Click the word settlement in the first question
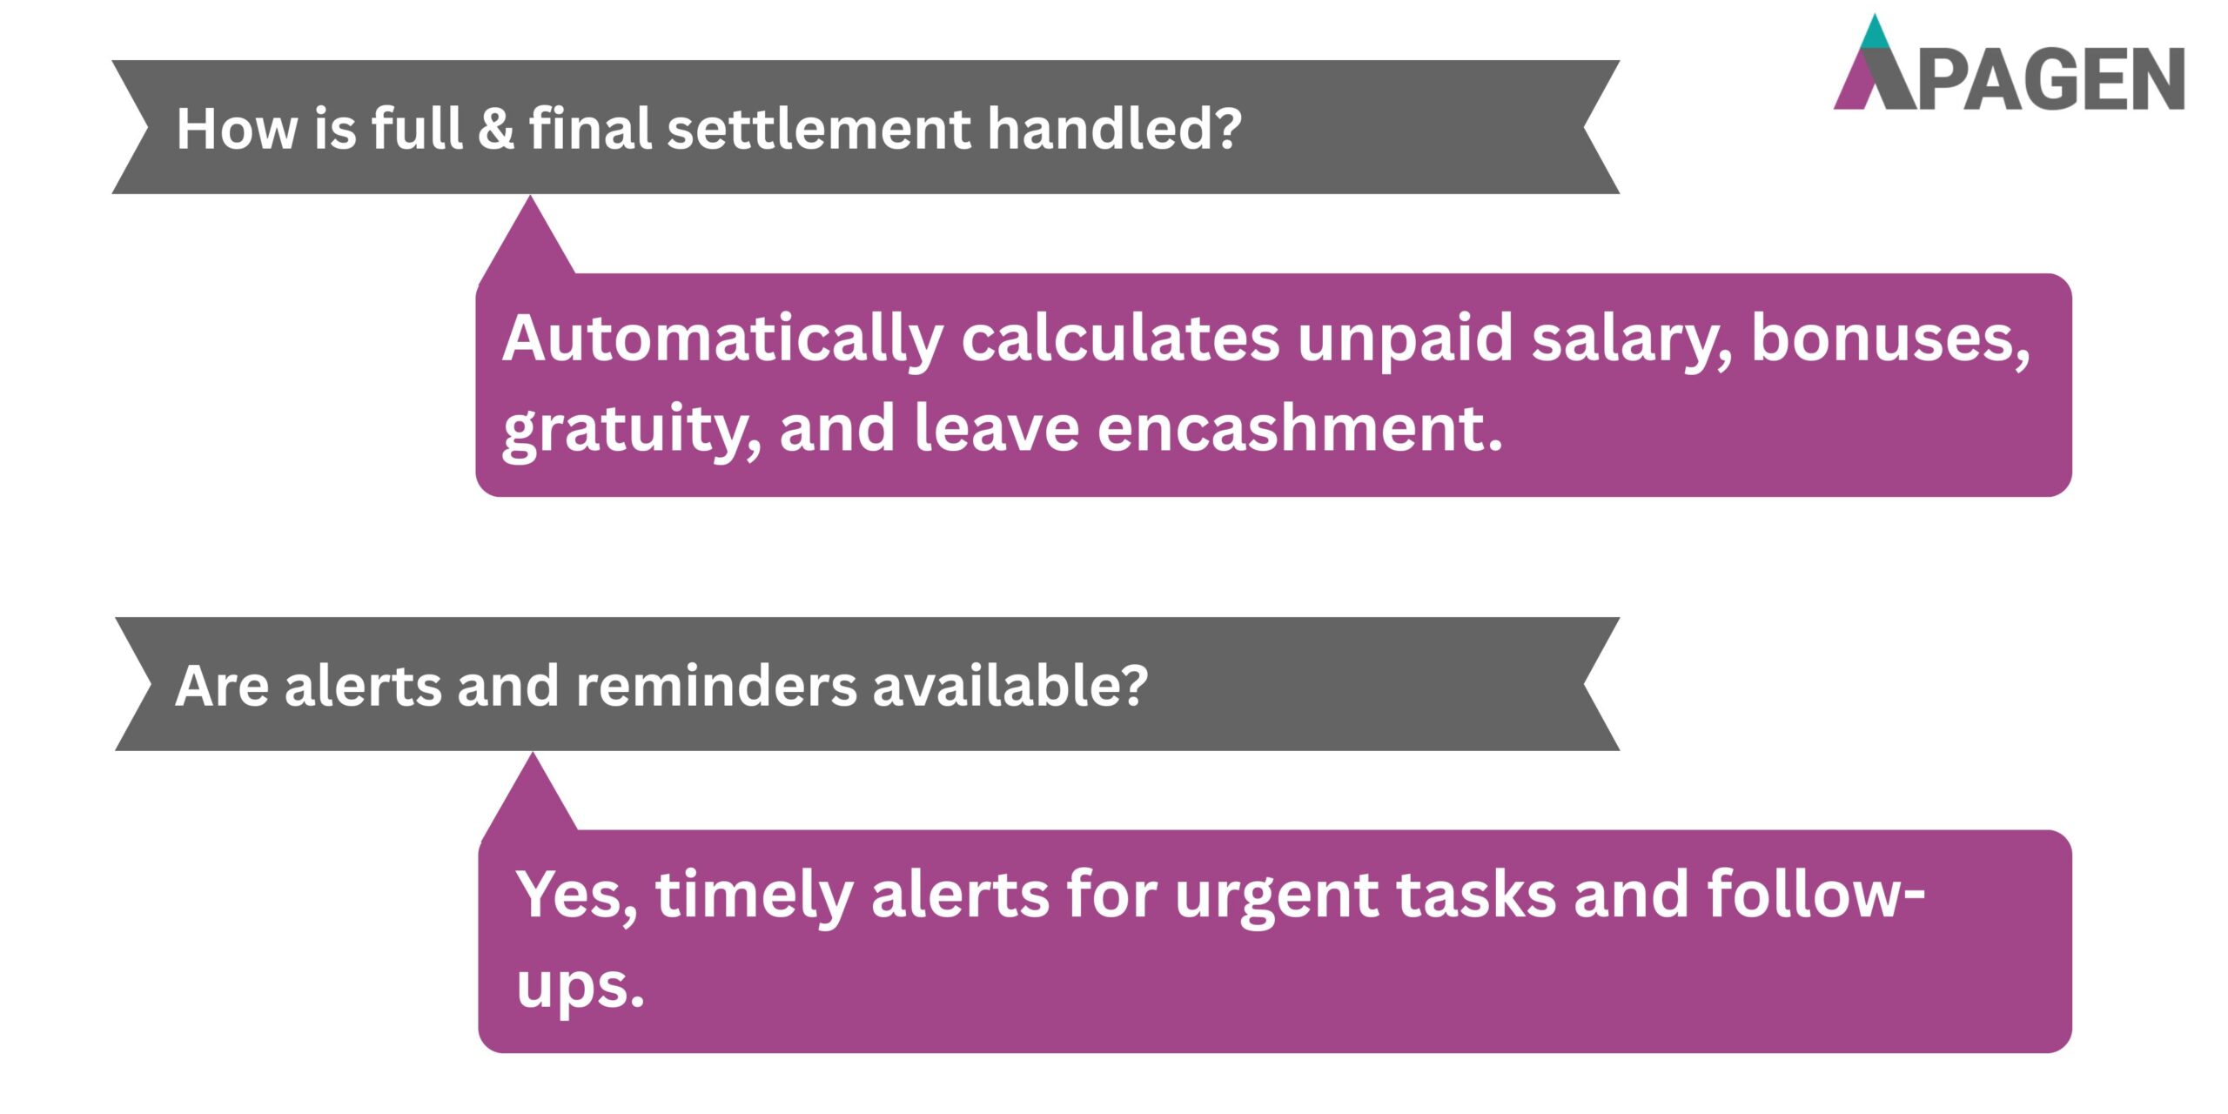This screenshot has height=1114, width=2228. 818,129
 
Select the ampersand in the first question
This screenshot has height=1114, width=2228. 495,129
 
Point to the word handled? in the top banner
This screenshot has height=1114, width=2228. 1114,129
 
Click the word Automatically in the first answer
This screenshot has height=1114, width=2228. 722,339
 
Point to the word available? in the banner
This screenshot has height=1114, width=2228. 1010,686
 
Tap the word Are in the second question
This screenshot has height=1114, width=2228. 222,686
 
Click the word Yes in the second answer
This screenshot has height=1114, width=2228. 575,895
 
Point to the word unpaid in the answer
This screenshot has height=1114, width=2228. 1406,339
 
